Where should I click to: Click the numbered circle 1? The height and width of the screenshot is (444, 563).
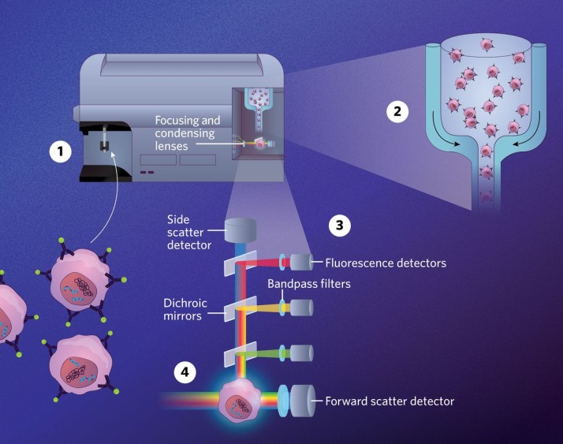pos(60,151)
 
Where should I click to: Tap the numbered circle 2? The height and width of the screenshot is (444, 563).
pos(398,111)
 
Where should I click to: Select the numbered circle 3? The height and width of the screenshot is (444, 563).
pos(339,226)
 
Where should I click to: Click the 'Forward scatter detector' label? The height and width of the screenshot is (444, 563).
pos(390,401)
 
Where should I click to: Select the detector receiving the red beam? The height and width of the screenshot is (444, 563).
pos(300,262)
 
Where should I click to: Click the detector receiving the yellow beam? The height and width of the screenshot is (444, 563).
pos(300,307)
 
